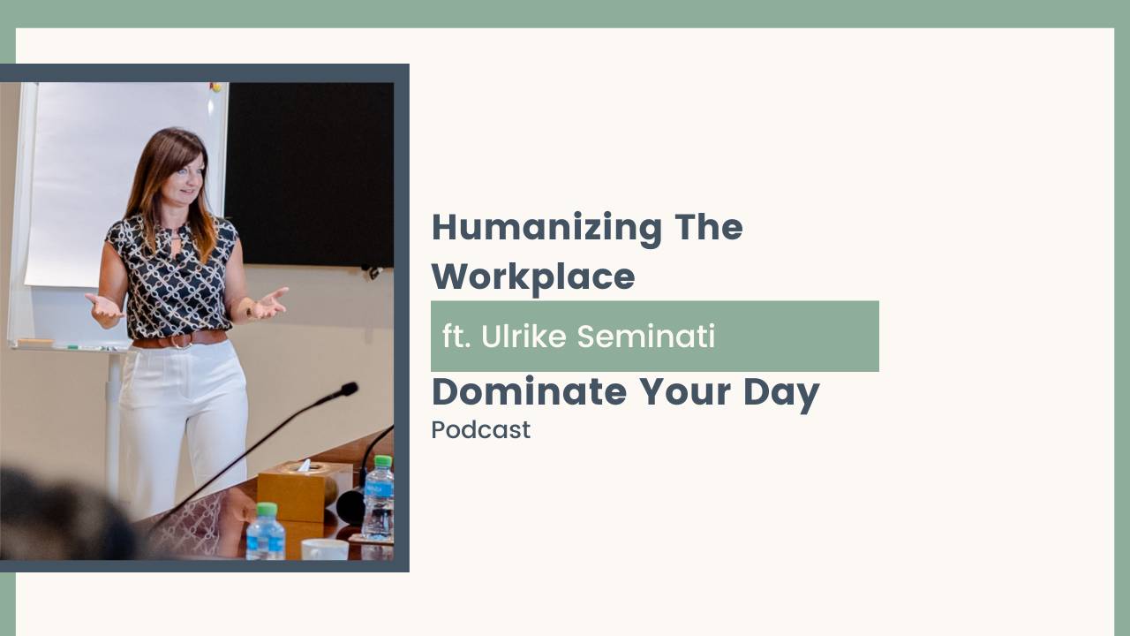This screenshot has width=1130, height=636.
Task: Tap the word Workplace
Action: click(532, 277)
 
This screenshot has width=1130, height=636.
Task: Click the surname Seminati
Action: click(645, 337)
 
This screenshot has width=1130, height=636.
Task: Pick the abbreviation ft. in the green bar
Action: click(456, 337)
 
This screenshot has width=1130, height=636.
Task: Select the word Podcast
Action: click(480, 430)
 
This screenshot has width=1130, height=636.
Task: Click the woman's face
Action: click(185, 178)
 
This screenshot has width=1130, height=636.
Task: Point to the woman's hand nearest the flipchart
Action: click(103, 308)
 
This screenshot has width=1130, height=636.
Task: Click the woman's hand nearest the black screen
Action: click(270, 303)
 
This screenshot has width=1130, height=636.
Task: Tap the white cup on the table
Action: click(324, 549)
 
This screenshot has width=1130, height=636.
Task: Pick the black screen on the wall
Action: click(309, 172)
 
